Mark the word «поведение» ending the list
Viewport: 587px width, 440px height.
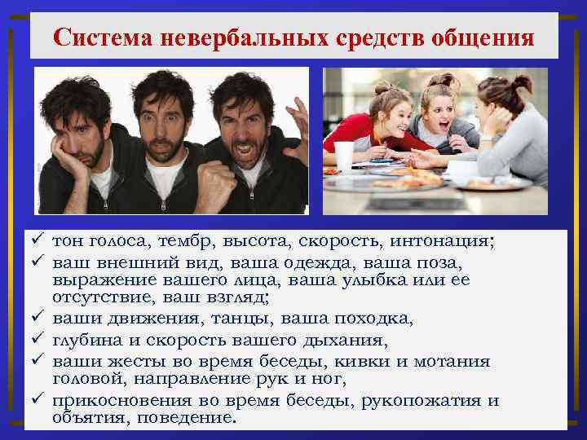click(190, 417)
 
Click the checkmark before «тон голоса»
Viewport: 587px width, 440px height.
click(38, 242)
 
